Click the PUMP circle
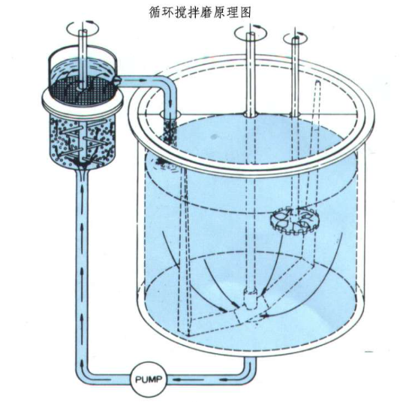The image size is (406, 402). click(x=149, y=380)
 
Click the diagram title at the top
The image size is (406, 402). click(x=200, y=12)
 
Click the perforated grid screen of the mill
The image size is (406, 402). click(x=82, y=91)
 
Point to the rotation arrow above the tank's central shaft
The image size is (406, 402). click(x=251, y=32)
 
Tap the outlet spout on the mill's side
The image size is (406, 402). click(x=117, y=80)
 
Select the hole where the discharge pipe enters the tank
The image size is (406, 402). click(x=170, y=113)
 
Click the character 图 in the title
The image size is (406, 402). click(x=245, y=12)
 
